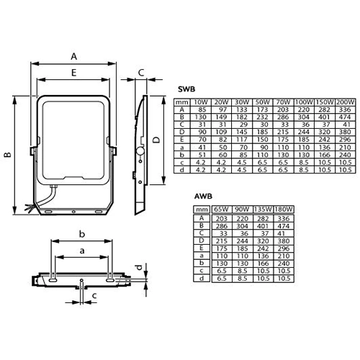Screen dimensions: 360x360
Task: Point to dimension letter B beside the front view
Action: coord(8,154)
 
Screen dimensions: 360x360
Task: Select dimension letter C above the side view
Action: coord(142,72)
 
